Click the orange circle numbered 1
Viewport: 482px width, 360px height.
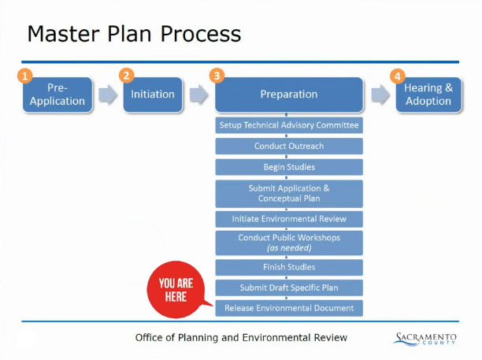[24, 76]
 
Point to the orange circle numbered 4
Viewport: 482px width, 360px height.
[399, 76]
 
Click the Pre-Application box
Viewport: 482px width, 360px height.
[57, 95]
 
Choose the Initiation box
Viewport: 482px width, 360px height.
[153, 95]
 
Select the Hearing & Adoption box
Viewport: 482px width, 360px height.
[428, 95]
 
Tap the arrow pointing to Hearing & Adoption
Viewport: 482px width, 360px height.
[381, 95]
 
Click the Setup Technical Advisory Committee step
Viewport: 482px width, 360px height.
[289, 125]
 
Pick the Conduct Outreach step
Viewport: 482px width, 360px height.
[289, 147]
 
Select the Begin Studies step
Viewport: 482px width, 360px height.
[289, 167]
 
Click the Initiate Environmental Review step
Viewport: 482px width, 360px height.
[289, 218]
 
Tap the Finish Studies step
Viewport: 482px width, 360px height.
[289, 267]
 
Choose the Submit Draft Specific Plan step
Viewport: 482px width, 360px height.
[289, 288]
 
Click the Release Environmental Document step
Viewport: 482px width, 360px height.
[289, 308]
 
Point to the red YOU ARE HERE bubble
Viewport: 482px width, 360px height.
[176, 290]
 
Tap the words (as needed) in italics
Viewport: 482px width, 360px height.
[289, 247]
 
